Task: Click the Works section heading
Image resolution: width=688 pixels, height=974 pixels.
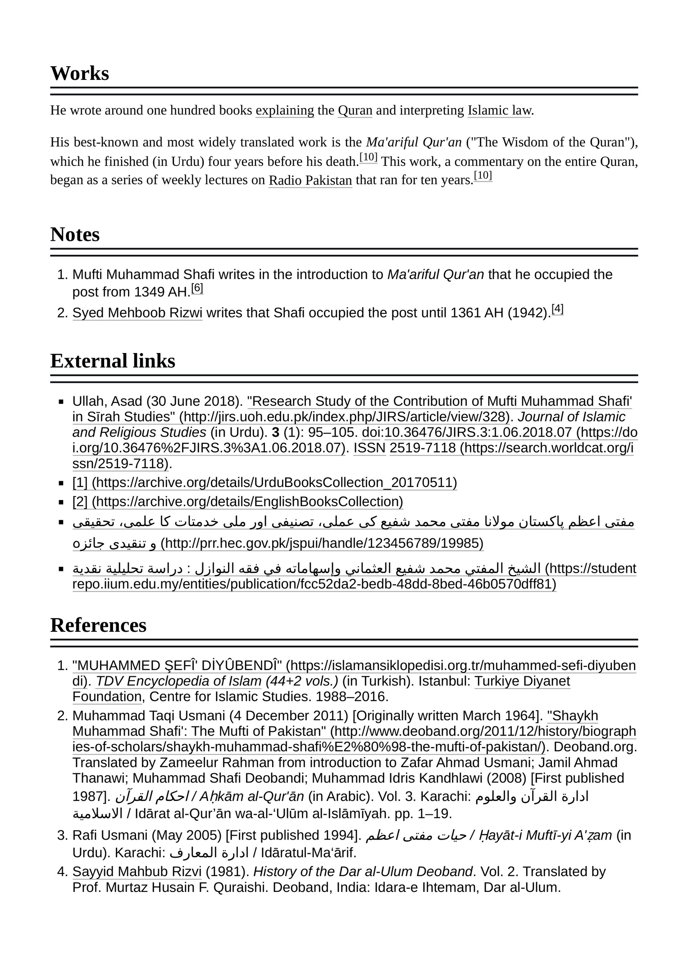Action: pyautogui.click(x=80, y=73)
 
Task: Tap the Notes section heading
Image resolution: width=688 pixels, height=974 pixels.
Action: pyautogui.click(x=75, y=234)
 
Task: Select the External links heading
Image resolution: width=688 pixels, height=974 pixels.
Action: pyautogui.click(x=113, y=361)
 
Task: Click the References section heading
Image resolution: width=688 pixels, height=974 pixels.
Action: pyautogui.click(x=98, y=625)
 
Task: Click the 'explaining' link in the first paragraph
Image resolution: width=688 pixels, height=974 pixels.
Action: pyautogui.click(x=284, y=110)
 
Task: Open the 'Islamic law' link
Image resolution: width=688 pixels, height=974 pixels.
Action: pyautogui.click(x=499, y=110)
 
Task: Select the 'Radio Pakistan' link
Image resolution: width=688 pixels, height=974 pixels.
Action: pyautogui.click(x=310, y=180)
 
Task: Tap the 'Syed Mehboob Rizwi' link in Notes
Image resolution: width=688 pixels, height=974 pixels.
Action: pyautogui.click(x=137, y=312)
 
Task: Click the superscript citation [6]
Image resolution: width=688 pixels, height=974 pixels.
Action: pyautogui.click(x=197, y=288)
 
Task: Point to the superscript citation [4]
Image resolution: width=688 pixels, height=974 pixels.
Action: pyautogui.click(x=557, y=309)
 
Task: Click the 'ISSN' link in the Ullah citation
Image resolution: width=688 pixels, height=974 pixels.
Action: pyautogui.click(x=369, y=448)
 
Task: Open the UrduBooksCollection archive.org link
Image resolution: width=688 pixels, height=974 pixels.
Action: pyautogui.click(x=264, y=482)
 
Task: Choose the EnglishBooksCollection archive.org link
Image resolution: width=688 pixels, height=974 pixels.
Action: pyautogui.click(x=237, y=501)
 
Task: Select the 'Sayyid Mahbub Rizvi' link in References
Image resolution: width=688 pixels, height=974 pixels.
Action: pyautogui.click(x=137, y=872)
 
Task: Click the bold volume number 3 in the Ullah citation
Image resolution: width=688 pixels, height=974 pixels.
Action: pyautogui.click(x=276, y=432)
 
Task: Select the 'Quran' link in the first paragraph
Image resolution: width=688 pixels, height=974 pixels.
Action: pyautogui.click(x=355, y=110)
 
